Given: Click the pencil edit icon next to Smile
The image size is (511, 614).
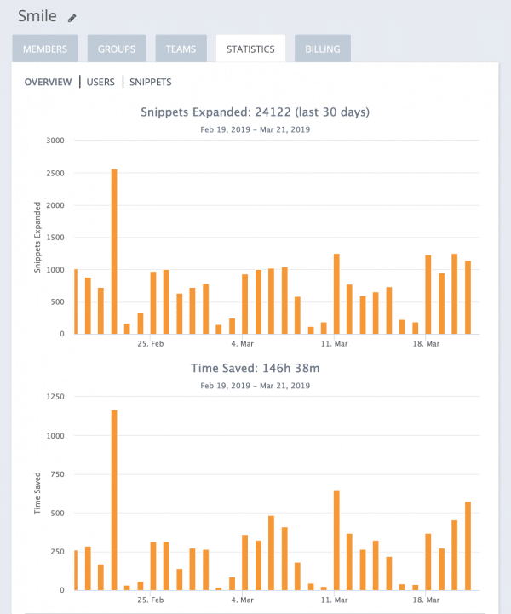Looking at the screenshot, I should pyautogui.click(x=72, y=18).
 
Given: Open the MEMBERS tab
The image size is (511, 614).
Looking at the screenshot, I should pyautogui.click(x=45, y=49).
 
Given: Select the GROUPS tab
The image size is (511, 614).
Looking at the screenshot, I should pyautogui.click(x=117, y=49).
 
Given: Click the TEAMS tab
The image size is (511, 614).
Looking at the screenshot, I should pyautogui.click(x=181, y=49).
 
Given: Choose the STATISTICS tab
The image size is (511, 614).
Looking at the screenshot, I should pyautogui.click(x=250, y=49).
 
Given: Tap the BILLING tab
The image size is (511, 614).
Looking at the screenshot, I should pyautogui.click(x=323, y=49).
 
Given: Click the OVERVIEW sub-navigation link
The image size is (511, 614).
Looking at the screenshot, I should pyautogui.click(x=49, y=83).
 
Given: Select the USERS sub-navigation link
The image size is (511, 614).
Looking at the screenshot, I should pyautogui.click(x=100, y=83).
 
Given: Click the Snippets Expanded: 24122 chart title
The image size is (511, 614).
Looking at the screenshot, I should pyautogui.click(x=255, y=112).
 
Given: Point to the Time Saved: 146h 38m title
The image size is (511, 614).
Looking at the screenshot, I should pyautogui.click(x=255, y=368).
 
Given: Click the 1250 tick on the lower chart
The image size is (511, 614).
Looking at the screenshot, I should pyautogui.click(x=56, y=397).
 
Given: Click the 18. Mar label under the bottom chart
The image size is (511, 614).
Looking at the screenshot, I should pyautogui.click(x=426, y=600).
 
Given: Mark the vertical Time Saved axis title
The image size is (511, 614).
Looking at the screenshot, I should pyautogui.click(x=38, y=494).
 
